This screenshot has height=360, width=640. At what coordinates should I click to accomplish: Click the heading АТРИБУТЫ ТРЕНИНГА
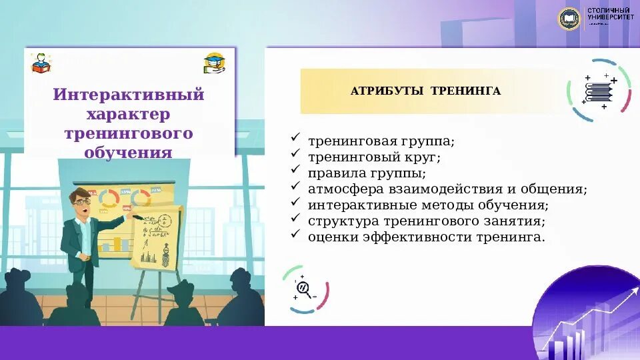pyautogui.click(x=425, y=91)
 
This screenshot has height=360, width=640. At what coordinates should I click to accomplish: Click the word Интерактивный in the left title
pyautogui.click(x=129, y=95)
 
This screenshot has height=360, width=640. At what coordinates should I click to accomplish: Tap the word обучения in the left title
pyautogui.click(x=129, y=153)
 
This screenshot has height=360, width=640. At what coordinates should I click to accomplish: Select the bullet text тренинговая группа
pyautogui.click(x=381, y=142)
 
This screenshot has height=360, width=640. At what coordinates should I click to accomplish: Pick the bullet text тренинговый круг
pyautogui.click(x=374, y=158)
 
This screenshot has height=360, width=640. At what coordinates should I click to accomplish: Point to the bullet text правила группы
pyautogui.click(x=367, y=173)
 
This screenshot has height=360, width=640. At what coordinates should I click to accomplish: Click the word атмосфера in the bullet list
pyautogui.click(x=340, y=189)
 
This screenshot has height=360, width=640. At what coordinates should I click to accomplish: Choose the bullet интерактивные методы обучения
pyautogui.click(x=428, y=205)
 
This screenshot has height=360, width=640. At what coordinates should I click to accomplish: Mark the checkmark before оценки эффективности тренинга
pyautogui.click(x=295, y=235)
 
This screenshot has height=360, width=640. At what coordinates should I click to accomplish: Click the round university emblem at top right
pyautogui.click(x=569, y=18)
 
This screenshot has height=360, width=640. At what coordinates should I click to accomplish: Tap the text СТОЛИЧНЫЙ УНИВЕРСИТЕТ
pyautogui.click(x=610, y=14)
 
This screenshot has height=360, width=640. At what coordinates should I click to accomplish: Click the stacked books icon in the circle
pyautogui.click(x=599, y=91)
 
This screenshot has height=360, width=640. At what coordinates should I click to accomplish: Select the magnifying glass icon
pyautogui.click(x=304, y=289)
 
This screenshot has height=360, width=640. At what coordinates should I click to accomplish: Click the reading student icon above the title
pyautogui.click(x=41, y=63)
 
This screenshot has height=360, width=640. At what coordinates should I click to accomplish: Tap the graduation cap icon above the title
pyautogui.click(x=215, y=63)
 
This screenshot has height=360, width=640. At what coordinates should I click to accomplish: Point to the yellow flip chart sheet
pyautogui.click(x=156, y=237)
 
